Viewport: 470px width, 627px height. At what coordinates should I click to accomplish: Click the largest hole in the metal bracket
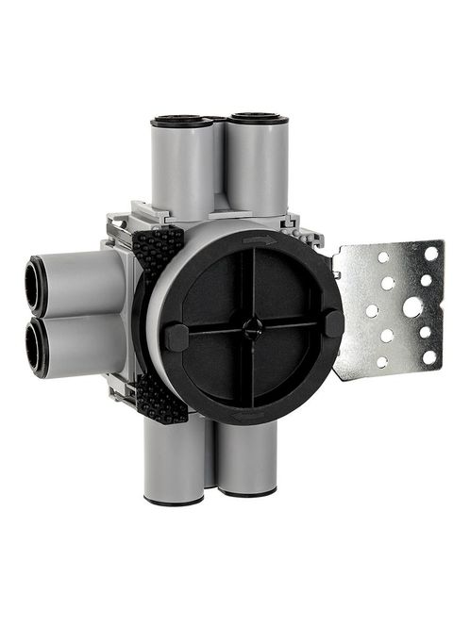[x=411, y=307]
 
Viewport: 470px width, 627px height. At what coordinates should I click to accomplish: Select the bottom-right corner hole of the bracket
[x=428, y=357]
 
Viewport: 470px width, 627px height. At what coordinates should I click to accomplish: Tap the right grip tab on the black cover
[x=332, y=322]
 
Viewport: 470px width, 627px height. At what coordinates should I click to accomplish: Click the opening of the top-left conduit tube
[x=181, y=121]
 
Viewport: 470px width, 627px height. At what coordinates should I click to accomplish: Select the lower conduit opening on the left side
[x=38, y=346]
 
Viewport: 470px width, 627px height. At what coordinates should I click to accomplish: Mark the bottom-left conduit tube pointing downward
[x=175, y=462]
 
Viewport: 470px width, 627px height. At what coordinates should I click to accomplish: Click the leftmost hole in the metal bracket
[x=372, y=310]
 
